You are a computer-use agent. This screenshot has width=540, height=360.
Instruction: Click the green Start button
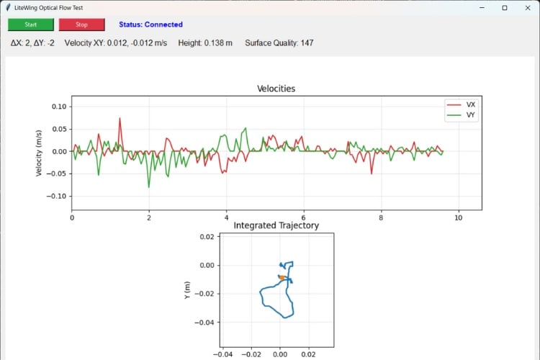[x=31, y=24]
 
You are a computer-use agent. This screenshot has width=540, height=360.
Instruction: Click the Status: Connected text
[x=150, y=24]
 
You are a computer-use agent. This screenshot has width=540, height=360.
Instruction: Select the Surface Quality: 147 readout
[x=279, y=43]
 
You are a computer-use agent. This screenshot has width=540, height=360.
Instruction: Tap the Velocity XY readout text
[x=115, y=43]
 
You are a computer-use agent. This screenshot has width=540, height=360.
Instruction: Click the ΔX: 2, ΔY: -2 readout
[x=32, y=43]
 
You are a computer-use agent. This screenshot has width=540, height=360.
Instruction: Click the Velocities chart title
[x=276, y=89]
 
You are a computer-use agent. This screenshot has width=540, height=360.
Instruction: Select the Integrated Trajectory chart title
[x=276, y=225]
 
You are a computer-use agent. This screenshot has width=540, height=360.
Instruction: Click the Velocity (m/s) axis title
[x=40, y=152]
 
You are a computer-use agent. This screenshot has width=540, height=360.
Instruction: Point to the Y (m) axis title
[x=188, y=290]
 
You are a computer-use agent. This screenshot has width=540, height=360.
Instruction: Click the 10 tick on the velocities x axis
[x=458, y=217]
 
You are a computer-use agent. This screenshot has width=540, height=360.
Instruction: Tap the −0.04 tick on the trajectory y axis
[x=205, y=323]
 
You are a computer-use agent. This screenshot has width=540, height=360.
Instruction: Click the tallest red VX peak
[x=120, y=119]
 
